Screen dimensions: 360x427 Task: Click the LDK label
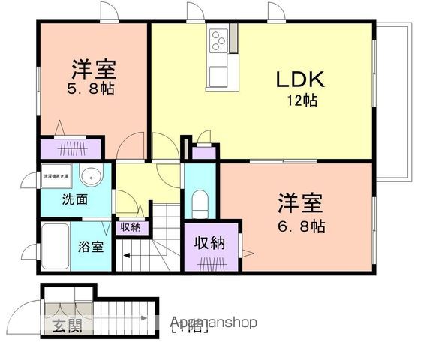click(301, 79)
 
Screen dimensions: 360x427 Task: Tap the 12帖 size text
click(301, 100)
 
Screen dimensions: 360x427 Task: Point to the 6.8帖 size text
click(301, 223)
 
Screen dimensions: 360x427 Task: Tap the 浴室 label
click(92, 245)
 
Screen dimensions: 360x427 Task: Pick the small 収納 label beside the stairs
click(131, 226)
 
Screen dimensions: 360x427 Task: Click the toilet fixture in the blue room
click(200, 202)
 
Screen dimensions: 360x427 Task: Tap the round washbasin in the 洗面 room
click(90, 177)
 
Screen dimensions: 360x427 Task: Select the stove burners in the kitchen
click(220, 40)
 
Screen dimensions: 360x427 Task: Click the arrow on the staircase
click(124, 256)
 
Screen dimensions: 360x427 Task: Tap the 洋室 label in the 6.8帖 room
click(301, 202)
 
